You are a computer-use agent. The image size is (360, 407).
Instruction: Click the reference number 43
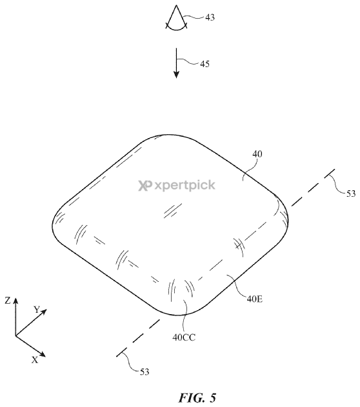210,17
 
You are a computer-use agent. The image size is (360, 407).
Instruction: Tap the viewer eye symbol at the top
177,17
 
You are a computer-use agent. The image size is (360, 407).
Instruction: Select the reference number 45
205,64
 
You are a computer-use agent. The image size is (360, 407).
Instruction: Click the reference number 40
257,154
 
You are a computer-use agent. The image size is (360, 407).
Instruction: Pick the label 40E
255,299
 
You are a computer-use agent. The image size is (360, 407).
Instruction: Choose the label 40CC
184,337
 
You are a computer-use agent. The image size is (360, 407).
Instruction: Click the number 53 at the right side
351,194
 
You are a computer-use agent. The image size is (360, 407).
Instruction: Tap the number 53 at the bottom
145,372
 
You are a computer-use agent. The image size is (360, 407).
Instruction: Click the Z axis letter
8,301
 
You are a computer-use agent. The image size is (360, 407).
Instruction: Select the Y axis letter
37,310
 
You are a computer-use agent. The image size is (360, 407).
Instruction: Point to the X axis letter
35,360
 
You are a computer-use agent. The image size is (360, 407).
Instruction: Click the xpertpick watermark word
185,185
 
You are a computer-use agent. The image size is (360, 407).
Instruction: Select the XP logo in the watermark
145,186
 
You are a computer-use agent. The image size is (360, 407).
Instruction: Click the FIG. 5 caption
197,397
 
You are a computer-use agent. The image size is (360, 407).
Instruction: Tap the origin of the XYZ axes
15,335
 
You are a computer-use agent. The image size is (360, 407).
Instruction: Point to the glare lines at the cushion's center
173,210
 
